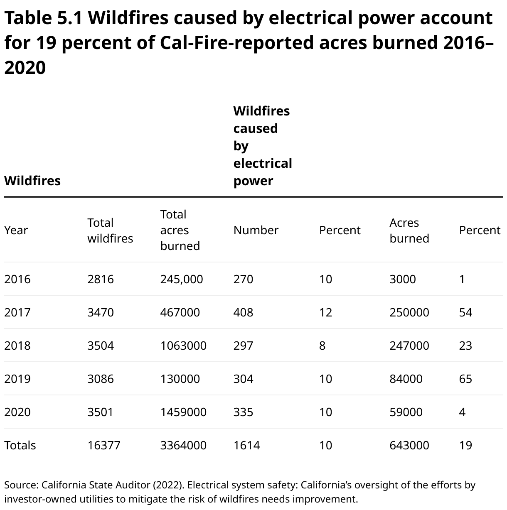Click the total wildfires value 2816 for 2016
(x=101, y=279)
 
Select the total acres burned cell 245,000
(x=182, y=279)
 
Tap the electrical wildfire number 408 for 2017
(x=243, y=312)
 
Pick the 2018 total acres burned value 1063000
(x=183, y=346)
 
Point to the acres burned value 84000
(x=406, y=379)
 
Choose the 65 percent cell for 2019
(x=465, y=379)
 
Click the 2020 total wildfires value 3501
(x=101, y=412)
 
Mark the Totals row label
(x=20, y=445)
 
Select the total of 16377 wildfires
(x=104, y=445)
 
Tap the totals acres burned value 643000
(x=409, y=445)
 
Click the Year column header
(x=16, y=230)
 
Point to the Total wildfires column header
(x=110, y=230)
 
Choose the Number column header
(x=256, y=230)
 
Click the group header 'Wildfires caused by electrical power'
(x=262, y=146)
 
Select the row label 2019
(x=17, y=379)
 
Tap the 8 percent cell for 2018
(x=322, y=346)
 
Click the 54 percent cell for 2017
(x=465, y=312)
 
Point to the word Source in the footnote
(x=21, y=485)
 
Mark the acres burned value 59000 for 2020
(x=406, y=412)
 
